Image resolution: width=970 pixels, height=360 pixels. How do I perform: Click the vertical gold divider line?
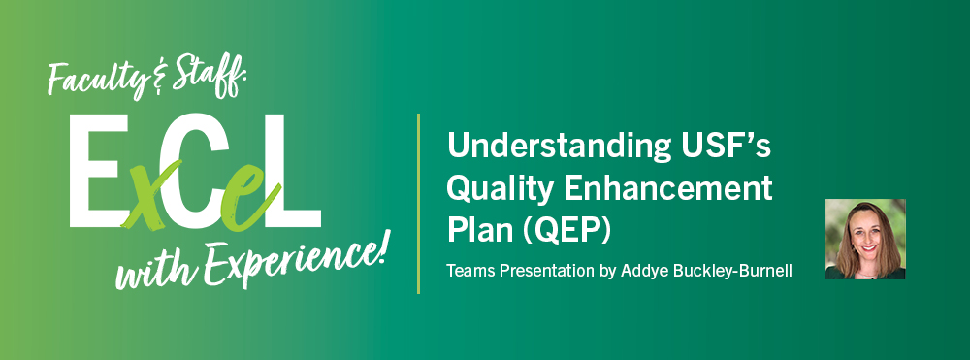point(418,203)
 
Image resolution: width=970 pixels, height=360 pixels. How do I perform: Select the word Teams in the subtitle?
point(469,270)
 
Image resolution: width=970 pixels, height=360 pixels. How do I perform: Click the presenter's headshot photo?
point(865,239)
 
